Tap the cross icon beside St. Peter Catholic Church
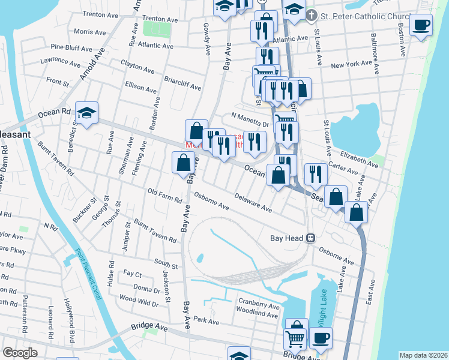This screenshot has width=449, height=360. tap(311, 14)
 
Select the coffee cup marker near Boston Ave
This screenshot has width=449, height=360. tap(421, 26)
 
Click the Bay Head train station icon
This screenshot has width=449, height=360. tap(311, 238)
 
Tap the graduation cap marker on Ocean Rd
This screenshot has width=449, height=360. tap(86, 113)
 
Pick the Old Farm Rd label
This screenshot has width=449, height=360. tap(164, 196)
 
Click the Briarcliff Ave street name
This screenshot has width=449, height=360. tap(182, 83)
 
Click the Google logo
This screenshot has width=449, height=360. tap(20, 353)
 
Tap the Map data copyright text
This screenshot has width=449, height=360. tap(423, 355)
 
